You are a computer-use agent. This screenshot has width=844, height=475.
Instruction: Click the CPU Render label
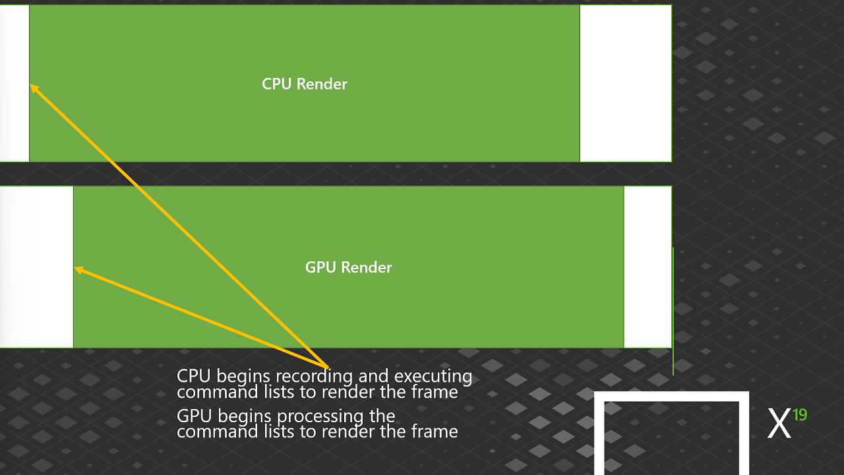coord(305,84)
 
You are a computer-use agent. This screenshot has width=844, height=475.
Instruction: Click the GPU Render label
coord(349,267)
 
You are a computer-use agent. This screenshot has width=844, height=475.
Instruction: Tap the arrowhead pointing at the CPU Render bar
coord(34,88)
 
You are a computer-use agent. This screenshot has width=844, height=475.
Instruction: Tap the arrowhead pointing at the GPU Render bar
coord(78,270)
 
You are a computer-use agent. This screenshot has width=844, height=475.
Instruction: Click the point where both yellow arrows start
coord(328,367)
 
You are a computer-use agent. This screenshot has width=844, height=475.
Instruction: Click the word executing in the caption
coord(433,377)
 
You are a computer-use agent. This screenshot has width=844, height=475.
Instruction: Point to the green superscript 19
coord(800,415)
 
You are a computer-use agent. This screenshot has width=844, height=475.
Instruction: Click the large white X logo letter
coord(779,424)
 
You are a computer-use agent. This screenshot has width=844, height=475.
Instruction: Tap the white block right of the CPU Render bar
coord(626,83)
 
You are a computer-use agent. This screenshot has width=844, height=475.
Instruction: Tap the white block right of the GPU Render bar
coord(648,267)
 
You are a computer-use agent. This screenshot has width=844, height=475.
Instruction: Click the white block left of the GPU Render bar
coord(36,267)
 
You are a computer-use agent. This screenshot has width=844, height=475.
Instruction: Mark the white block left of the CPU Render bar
coord(15,83)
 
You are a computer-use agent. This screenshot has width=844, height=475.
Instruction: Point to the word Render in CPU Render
coord(322,84)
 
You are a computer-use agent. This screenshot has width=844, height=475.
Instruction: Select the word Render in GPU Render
coord(367,267)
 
